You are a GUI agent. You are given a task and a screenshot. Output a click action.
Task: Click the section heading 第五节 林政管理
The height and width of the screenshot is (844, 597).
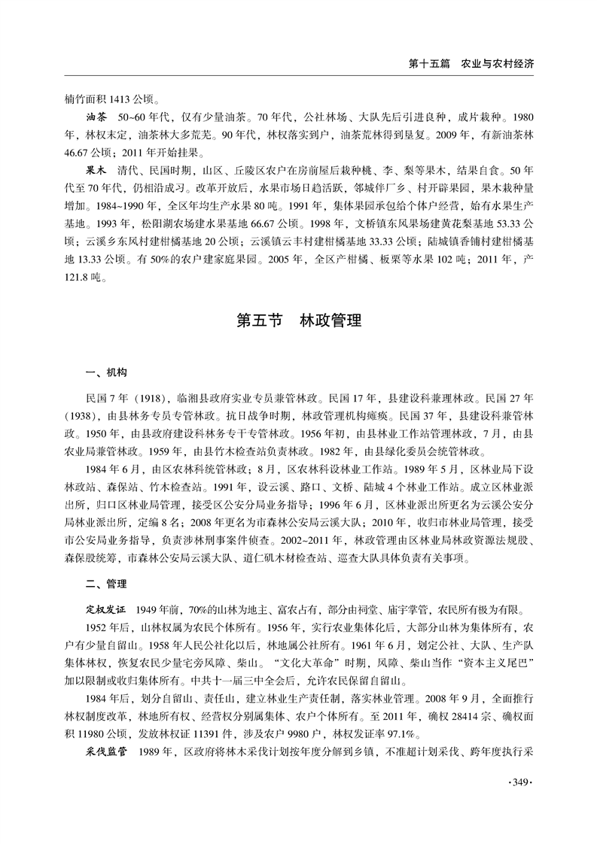point(298,321)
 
